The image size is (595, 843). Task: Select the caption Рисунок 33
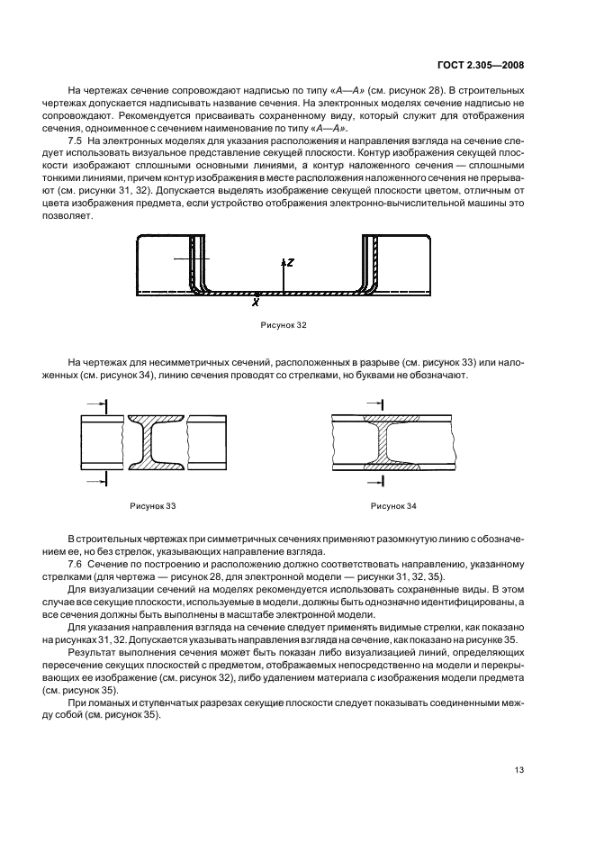coord(151,506)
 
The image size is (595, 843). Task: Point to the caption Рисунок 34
coord(393,506)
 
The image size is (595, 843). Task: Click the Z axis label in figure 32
coord(290,262)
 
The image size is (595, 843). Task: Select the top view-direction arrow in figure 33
coord(97,404)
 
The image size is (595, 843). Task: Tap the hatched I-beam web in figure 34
coord(383,442)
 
